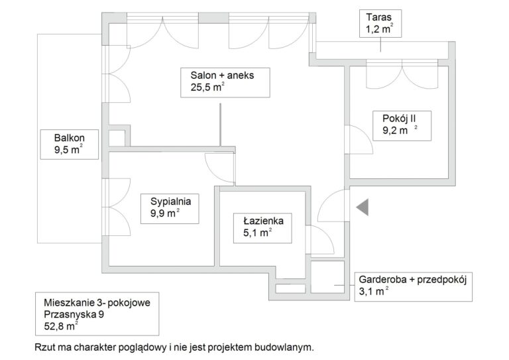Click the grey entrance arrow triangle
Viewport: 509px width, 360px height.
click(364, 207)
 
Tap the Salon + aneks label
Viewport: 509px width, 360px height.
click(222, 76)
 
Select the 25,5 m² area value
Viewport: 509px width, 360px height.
click(207, 87)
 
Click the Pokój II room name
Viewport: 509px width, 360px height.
click(399, 119)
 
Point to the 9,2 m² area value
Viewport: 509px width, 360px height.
click(400, 130)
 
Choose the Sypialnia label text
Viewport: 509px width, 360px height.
click(170, 202)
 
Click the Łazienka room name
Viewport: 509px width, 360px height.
click(263, 221)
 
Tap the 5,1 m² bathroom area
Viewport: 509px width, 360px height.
click(257, 233)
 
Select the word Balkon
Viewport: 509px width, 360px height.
click(70, 138)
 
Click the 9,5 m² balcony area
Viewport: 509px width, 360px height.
click(68, 150)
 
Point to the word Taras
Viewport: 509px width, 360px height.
click(378, 17)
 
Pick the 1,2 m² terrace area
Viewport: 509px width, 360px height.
click(380, 29)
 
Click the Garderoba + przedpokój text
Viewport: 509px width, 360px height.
click(413, 280)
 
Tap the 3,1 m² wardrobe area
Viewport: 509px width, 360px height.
click(373, 291)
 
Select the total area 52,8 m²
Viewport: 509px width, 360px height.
click(61, 326)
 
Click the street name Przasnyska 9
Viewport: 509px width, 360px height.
click(74, 314)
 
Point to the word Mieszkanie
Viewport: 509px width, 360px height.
click(69, 303)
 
